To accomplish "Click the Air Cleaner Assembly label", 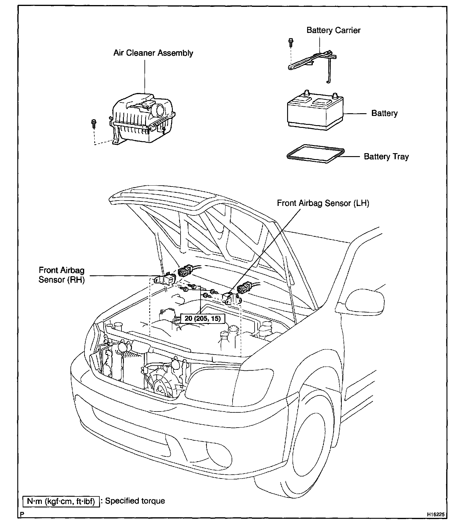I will point(153,53).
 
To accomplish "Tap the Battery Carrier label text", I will point(333,30).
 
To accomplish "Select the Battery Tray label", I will point(386,157).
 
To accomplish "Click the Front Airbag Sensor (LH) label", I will point(323,203).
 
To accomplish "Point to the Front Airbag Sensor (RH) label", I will point(62,275).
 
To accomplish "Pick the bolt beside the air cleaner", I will point(94,122).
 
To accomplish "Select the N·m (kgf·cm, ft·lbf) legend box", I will point(61,501).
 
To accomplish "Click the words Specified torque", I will point(135,501).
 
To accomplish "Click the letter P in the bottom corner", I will point(22,515).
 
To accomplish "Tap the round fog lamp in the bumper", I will point(219,455).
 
